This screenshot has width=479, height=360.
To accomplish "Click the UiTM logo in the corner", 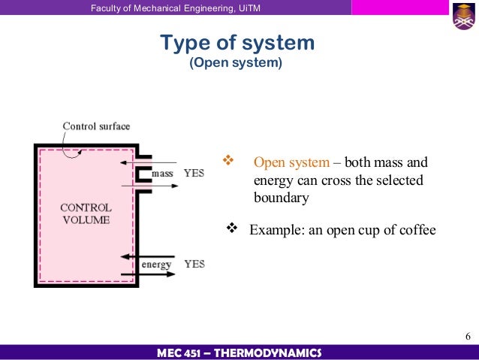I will tap(463, 17).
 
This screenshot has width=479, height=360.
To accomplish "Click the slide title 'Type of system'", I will tap(237, 43).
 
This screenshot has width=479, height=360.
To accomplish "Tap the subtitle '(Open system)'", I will tap(237, 63).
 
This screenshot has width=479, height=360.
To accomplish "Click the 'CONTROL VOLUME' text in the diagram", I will tap(86, 213).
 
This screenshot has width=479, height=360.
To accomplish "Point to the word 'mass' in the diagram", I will tap(162, 174).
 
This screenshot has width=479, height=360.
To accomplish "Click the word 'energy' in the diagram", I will tap(156, 264).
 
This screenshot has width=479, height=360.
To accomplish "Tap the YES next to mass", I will tap(194, 174).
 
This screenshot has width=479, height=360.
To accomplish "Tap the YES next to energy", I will tap(194, 264).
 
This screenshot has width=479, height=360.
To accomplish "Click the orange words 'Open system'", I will tap(291, 163).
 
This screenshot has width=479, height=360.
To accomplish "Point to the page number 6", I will tap(467, 335).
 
